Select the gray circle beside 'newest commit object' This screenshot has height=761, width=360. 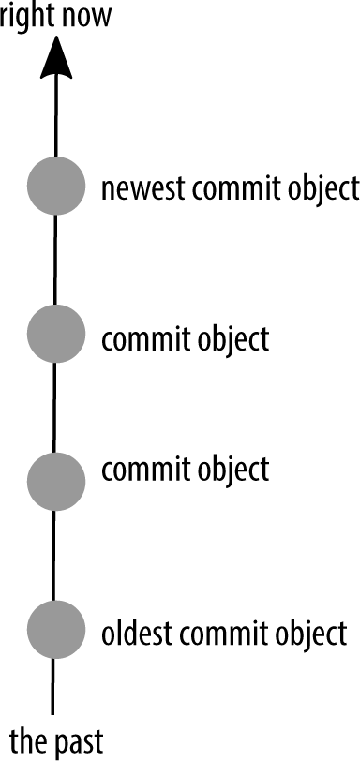coord(56,187)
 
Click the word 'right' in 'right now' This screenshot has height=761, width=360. coord(27,16)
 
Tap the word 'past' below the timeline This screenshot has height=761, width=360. coord(78,739)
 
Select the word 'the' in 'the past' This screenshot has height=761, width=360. coord(27,739)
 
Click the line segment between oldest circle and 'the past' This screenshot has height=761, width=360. coord(54,690)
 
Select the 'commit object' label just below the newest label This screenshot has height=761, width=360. coord(186,338)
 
